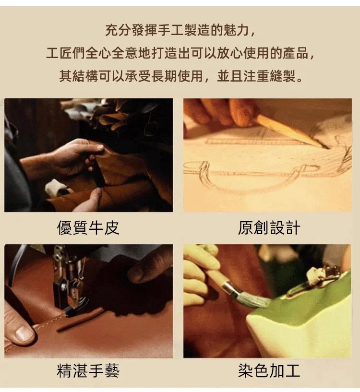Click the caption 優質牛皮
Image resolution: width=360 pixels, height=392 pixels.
[88, 228]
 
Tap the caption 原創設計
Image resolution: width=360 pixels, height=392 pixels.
[269, 228]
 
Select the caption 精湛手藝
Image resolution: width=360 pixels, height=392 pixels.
[88, 371]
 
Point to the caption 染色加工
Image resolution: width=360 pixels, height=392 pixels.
[269, 371]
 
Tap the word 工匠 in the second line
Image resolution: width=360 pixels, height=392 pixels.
[59, 53]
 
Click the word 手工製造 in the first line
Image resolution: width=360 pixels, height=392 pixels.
[171, 31]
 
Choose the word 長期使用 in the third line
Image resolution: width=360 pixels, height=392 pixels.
[177, 76]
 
